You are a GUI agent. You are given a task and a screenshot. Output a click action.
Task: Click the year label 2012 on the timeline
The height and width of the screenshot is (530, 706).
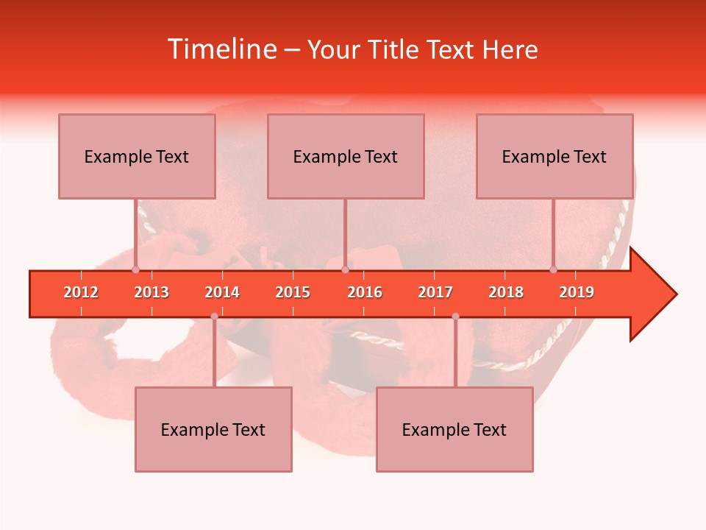[x=81, y=292]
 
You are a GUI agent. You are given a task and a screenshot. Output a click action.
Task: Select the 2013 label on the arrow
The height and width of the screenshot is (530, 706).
[x=151, y=292]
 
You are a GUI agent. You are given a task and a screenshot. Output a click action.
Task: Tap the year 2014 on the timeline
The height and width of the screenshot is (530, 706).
[x=222, y=292]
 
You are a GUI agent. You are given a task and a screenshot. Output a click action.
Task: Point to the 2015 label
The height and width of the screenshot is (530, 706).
[x=293, y=292]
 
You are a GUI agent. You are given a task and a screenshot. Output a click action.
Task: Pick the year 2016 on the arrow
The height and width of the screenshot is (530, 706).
[x=365, y=292]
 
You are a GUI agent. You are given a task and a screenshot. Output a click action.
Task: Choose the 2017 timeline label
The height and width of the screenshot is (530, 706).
[x=435, y=292]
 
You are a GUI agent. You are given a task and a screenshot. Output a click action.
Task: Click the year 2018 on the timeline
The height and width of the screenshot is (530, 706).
[x=506, y=292]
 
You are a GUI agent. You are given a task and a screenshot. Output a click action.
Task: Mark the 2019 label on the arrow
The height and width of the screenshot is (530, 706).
[x=577, y=292]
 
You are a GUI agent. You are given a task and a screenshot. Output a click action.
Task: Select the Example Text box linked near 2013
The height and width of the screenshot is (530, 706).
[x=137, y=156]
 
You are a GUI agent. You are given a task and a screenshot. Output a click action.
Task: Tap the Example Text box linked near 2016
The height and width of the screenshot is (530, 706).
[x=346, y=156]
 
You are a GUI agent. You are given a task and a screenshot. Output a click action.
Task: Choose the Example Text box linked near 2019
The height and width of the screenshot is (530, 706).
[x=555, y=156]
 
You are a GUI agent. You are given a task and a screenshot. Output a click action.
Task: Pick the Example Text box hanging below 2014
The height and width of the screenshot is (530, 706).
[x=213, y=429]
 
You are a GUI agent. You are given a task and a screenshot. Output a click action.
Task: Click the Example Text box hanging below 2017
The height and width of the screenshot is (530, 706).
[x=454, y=429]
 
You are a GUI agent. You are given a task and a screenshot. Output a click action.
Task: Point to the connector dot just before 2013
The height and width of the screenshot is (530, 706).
[x=135, y=269]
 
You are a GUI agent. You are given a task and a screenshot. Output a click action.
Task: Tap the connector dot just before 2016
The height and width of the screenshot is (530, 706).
[x=345, y=269]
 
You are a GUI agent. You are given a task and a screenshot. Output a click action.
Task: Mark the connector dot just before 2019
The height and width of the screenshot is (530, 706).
[x=554, y=269]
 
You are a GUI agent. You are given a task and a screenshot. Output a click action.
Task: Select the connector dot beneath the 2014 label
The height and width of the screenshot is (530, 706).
[x=214, y=317]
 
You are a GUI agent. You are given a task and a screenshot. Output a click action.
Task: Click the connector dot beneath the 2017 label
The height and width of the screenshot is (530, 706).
[x=455, y=317]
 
